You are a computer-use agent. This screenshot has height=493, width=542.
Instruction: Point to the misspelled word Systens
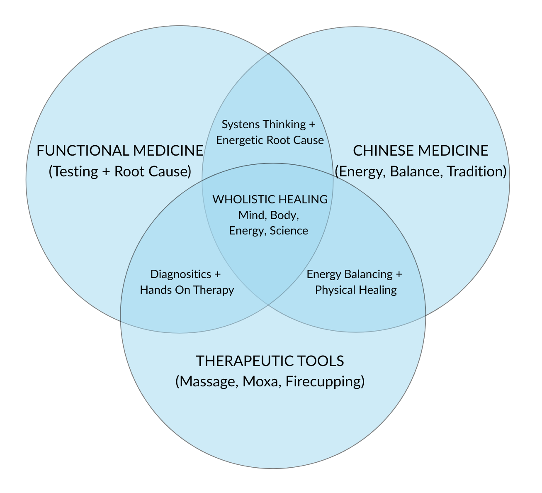click(x=238, y=124)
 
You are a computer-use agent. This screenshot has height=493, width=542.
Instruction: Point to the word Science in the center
click(x=289, y=231)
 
